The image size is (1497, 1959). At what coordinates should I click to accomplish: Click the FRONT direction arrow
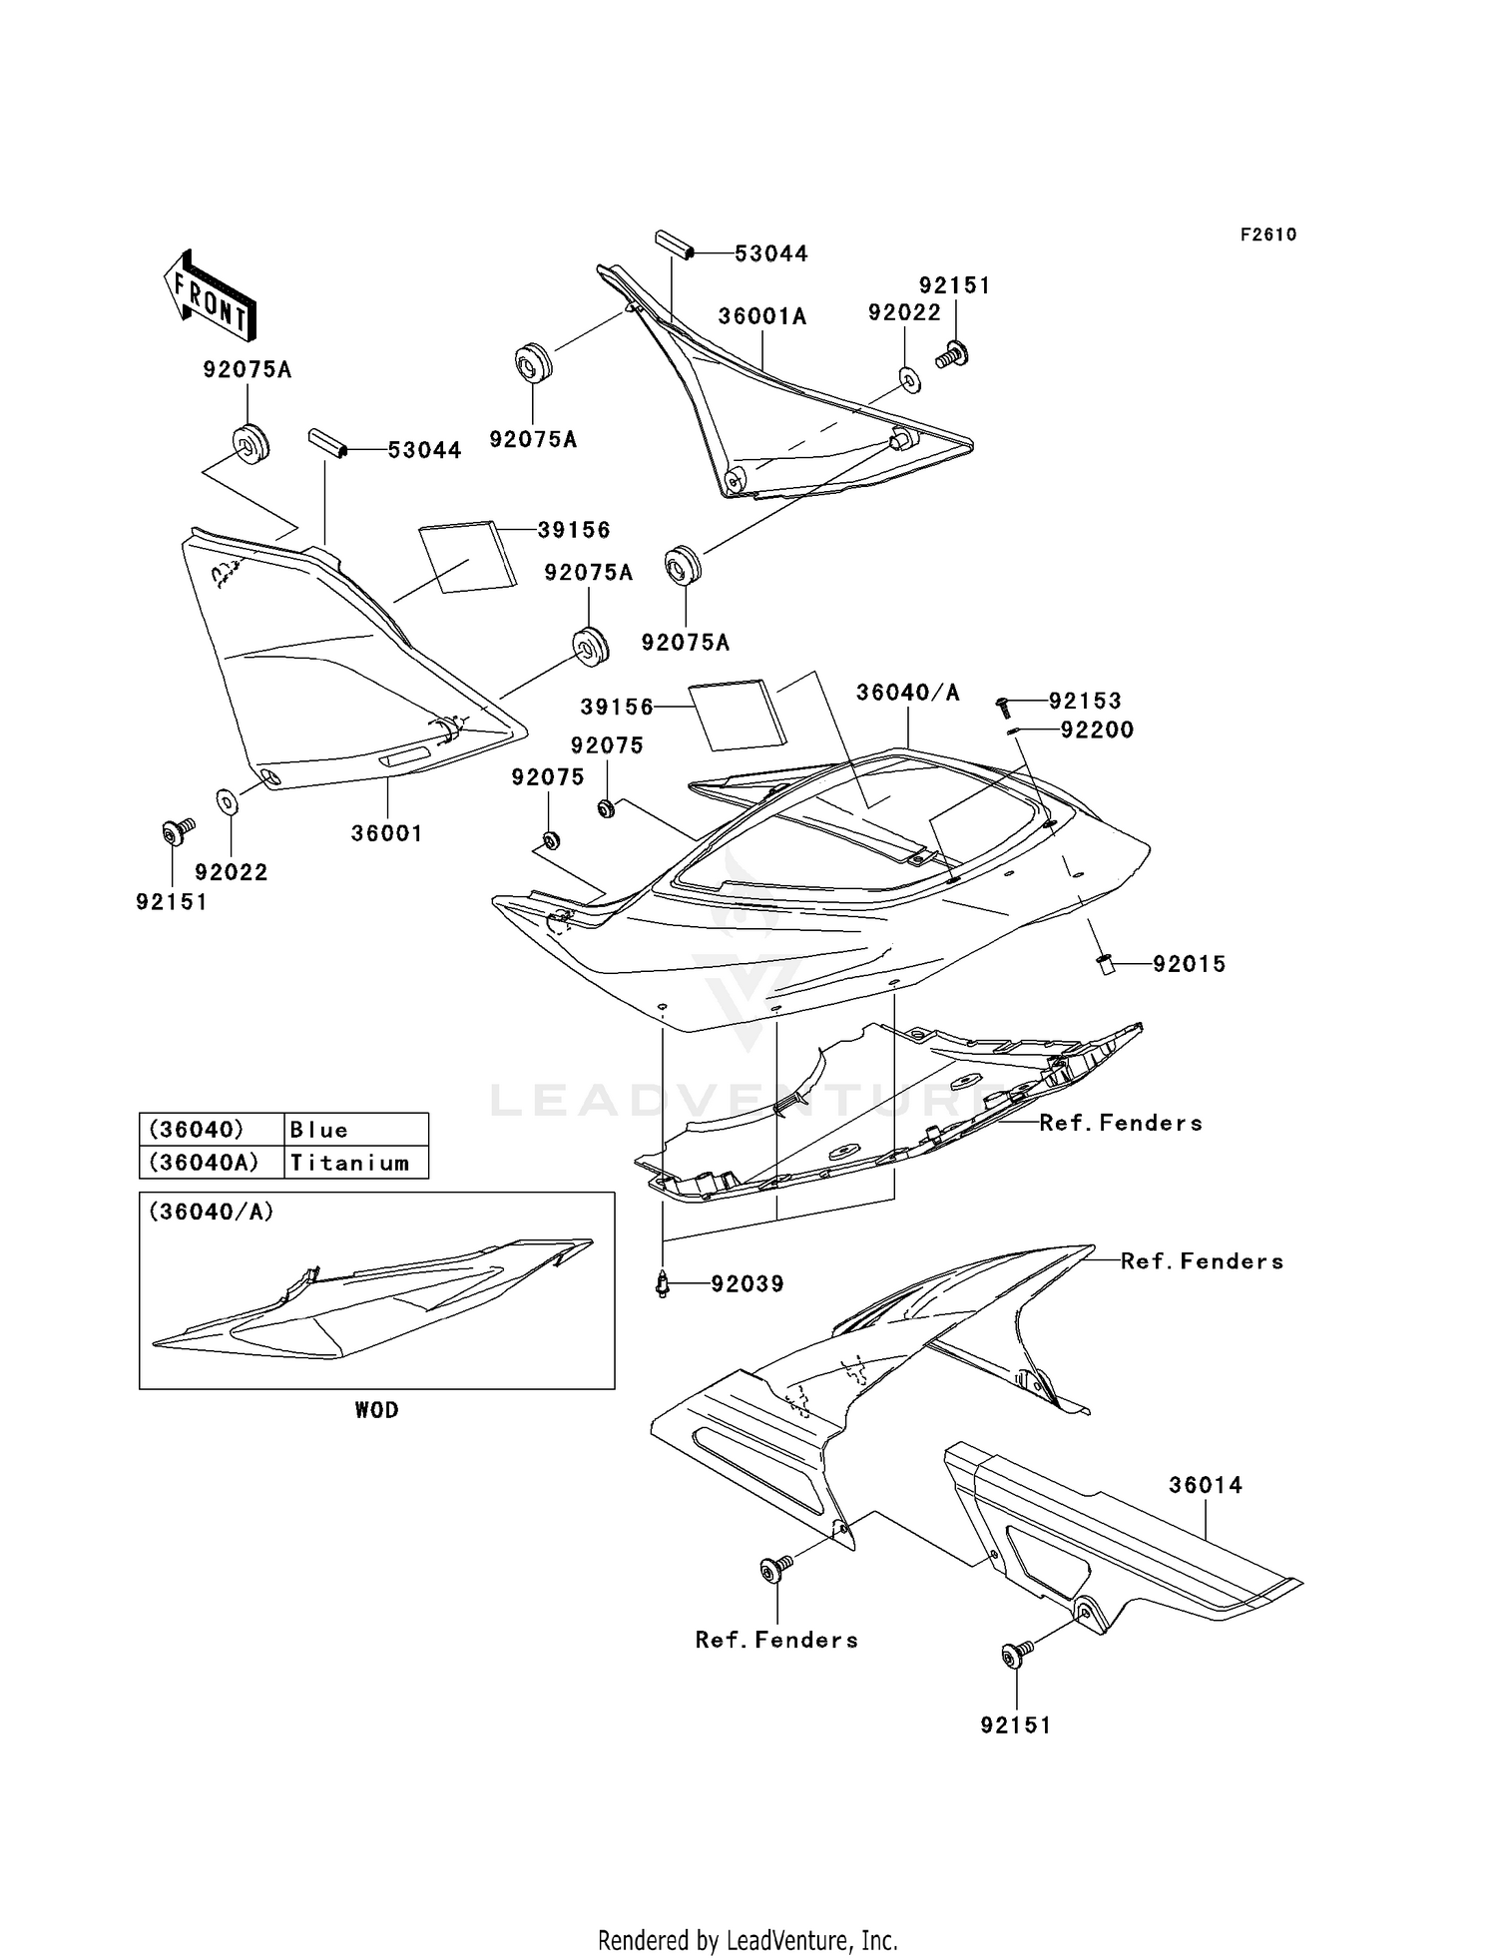coord(211,293)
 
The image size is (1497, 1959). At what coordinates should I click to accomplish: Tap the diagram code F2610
coord(1268,235)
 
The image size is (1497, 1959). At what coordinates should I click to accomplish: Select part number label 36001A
coord(762,316)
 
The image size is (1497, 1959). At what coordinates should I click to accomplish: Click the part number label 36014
coord(1206,1485)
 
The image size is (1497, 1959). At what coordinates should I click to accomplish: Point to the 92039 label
coord(748,1284)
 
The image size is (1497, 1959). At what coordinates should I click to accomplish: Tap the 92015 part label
coord(1190,964)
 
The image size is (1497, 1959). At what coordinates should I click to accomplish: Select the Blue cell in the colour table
coord(355,1130)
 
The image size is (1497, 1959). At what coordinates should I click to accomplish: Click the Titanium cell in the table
coord(355,1163)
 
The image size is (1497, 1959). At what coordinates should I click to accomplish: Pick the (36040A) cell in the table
coord(211,1163)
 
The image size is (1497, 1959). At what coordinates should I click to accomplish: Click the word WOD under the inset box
coord(376,1410)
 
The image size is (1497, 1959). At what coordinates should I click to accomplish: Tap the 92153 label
coord(1085,702)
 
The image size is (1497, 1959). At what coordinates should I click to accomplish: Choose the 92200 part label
coord(1097,731)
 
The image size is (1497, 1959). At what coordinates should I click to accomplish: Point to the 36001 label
coord(387,833)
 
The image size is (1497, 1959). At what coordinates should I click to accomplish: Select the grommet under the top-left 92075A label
coord(249,442)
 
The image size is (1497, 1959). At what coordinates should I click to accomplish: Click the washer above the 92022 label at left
coord(227,800)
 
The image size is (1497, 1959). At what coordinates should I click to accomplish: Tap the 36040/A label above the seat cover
coord(907,693)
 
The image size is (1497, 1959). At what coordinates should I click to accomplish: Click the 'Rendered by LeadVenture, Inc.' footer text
coord(748,1940)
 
